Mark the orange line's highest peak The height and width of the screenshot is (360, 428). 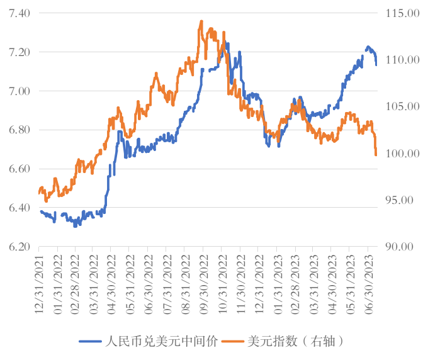tap(201, 21)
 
